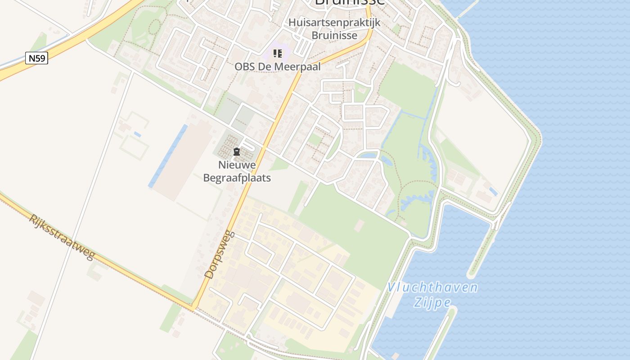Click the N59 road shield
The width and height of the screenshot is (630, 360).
tap(36, 58)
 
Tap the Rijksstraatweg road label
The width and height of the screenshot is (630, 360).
tap(62, 237)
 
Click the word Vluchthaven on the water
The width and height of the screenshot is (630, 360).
tap(432, 287)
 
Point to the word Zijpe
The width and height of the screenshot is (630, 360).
tap(432, 302)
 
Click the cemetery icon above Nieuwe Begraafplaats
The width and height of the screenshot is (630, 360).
tap(237, 152)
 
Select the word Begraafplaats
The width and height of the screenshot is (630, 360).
tap(237, 178)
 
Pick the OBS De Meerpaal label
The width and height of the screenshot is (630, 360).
tap(278, 67)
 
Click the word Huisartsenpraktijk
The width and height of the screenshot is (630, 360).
tap(334, 22)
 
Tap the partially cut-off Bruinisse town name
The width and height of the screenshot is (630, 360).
tap(350, 2)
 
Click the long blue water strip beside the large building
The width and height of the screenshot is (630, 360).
tap(168, 156)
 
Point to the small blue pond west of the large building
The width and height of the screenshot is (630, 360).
tap(137, 134)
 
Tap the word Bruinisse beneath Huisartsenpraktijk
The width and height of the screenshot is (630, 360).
tap(335, 35)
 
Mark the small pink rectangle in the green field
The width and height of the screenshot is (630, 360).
tap(359, 225)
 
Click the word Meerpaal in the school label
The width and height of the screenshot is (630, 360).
tap(300, 67)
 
